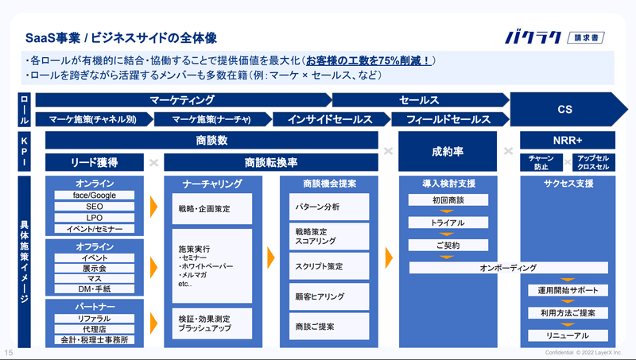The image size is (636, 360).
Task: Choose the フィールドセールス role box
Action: (448, 120)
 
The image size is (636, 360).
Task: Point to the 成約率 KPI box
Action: (448, 150)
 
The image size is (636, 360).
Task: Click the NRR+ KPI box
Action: (567, 141)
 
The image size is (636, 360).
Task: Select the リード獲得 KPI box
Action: (95, 162)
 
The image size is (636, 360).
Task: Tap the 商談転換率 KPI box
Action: (271, 162)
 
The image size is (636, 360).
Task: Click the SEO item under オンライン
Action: (95, 206)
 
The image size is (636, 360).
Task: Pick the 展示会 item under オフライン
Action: (95, 269)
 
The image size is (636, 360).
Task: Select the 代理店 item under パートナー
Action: (95, 328)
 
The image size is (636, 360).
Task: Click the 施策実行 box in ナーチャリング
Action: (211, 265)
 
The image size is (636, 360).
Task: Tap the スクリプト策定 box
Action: (324, 266)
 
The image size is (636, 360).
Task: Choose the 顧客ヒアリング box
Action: (324, 296)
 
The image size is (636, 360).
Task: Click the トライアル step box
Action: (448, 223)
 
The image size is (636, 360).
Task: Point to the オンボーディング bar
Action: (509, 268)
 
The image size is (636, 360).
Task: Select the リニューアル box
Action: (567, 335)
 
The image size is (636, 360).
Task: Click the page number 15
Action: (9, 352)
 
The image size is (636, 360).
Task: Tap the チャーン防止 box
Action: (541, 162)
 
